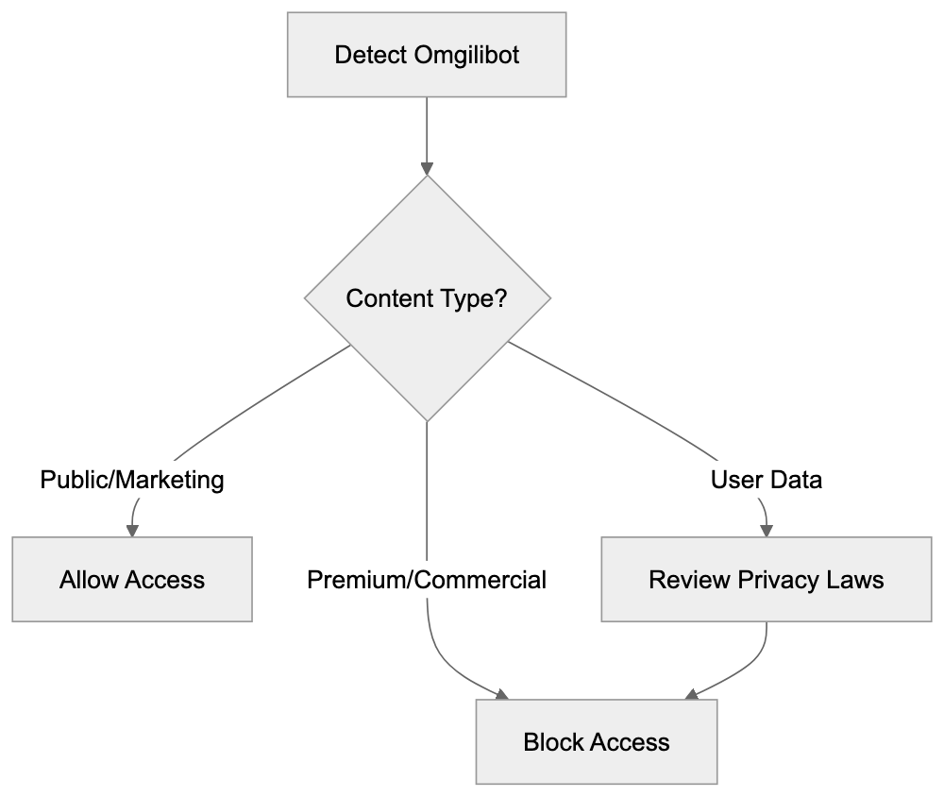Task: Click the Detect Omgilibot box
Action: [427, 55]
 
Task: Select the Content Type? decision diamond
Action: [427, 298]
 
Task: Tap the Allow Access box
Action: [132, 580]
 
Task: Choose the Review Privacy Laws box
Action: [766, 580]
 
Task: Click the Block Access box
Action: [596, 742]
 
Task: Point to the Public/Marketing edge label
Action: [132, 481]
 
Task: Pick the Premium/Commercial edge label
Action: [427, 580]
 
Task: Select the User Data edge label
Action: [766, 481]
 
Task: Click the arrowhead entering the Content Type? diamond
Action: [427, 169]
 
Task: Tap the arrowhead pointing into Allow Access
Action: [132, 531]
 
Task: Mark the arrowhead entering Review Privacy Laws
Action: [766, 531]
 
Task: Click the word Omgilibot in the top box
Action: [466, 55]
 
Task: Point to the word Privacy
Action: [784, 580]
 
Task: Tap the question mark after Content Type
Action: [500, 298]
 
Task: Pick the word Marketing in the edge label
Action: [171, 481]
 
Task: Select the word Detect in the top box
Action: [370, 55]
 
